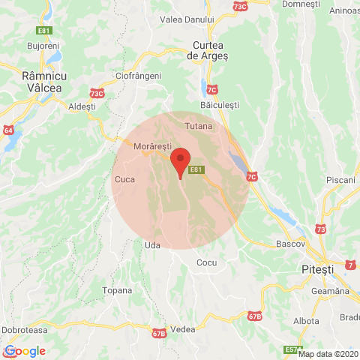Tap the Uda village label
pyautogui.click(x=151, y=244)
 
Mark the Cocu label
pyautogui.click(x=206, y=262)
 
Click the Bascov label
pyautogui.click(x=289, y=244)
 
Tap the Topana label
pyautogui.click(x=116, y=289)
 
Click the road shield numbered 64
pyautogui.click(x=8, y=130)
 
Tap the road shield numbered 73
pyautogui.click(x=322, y=228)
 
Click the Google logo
pyautogui.click(x=24, y=350)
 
